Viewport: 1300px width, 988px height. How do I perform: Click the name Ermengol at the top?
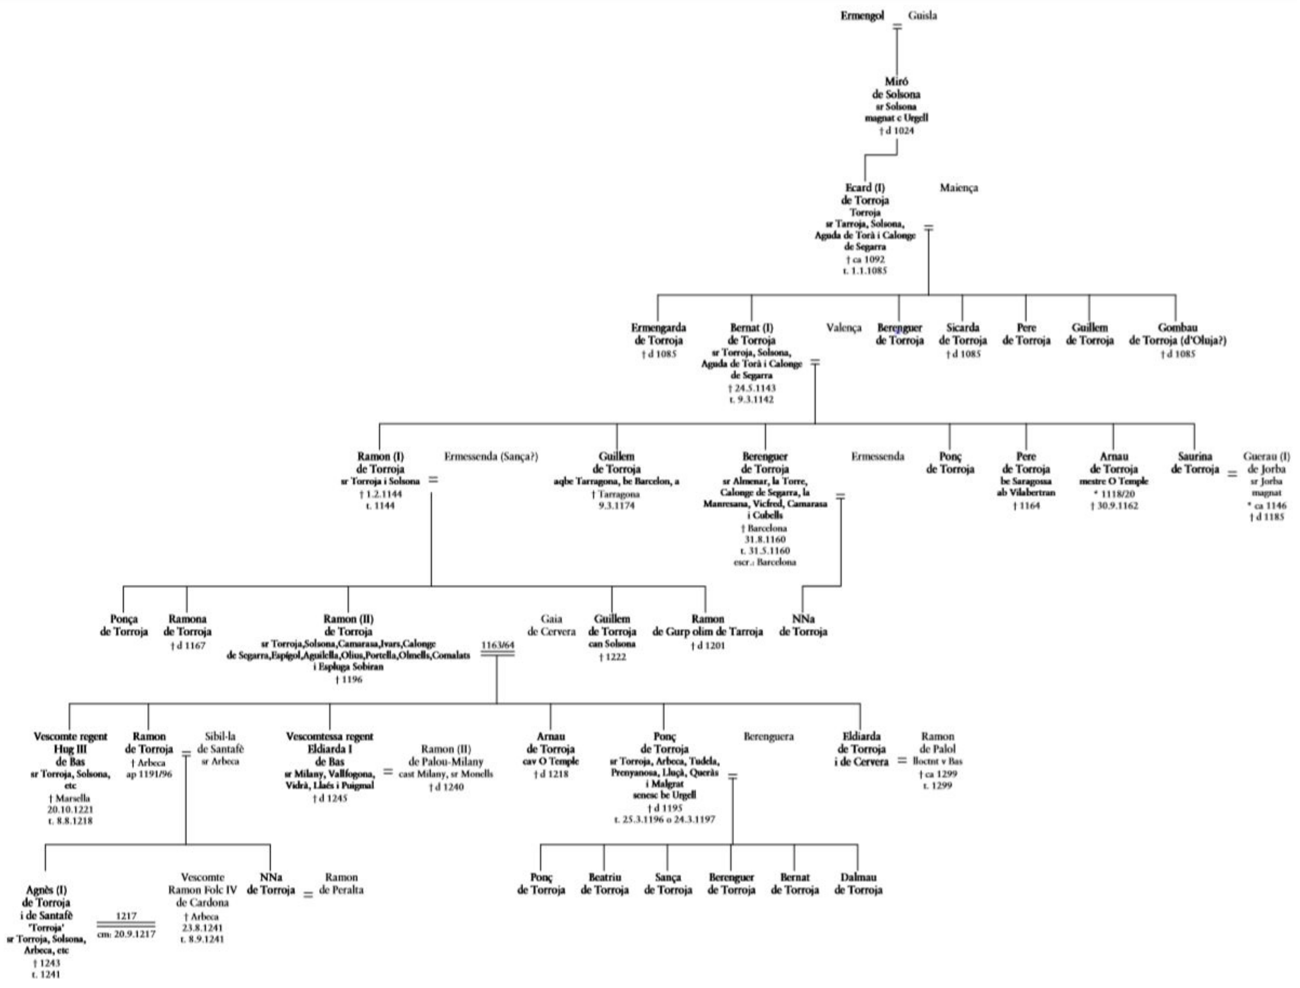pos(862,16)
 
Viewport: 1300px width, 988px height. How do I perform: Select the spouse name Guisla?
pos(922,16)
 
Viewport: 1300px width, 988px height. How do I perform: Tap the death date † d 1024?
pos(896,130)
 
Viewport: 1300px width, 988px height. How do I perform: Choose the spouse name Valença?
pos(843,328)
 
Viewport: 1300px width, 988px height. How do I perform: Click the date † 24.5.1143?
pos(751,388)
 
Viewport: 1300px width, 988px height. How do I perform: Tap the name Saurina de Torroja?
pos(1194,463)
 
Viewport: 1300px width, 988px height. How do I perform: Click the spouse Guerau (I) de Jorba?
pos(1267,463)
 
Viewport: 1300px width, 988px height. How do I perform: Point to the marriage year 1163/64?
pos(497,645)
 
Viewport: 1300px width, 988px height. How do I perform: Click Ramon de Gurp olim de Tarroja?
pos(707,625)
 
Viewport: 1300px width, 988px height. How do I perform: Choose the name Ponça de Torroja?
pos(123,625)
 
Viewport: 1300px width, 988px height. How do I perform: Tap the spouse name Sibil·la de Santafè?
pos(220,743)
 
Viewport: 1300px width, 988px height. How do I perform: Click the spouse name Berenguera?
pos(768,736)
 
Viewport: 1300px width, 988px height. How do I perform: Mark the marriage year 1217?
pos(126,916)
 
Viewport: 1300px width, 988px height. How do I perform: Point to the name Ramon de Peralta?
pos(341,884)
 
